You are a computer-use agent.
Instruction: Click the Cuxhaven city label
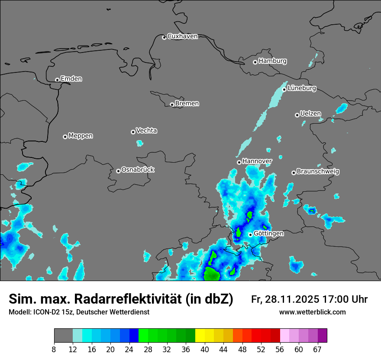click(x=182, y=36)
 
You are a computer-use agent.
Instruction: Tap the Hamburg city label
click(x=272, y=61)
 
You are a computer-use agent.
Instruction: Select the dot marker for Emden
click(x=57, y=80)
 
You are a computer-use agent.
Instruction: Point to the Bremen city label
click(x=187, y=104)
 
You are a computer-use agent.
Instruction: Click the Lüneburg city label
click(x=302, y=88)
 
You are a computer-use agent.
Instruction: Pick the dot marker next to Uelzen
click(x=297, y=115)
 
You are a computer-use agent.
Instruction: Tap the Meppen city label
click(x=81, y=136)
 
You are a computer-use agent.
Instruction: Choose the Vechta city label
click(x=146, y=131)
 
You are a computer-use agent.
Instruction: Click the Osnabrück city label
click(x=138, y=170)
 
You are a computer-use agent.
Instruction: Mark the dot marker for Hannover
click(x=239, y=162)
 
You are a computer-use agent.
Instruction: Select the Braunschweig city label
click(x=318, y=172)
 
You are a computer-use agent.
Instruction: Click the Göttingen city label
click(x=268, y=233)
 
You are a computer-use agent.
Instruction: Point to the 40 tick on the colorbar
click(x=204, y=350)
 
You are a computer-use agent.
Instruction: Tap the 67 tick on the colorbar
click(x=317, y=350)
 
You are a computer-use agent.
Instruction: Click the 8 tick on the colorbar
click(x=54, y=350)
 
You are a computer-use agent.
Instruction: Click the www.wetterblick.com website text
click(x=312, y=312)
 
